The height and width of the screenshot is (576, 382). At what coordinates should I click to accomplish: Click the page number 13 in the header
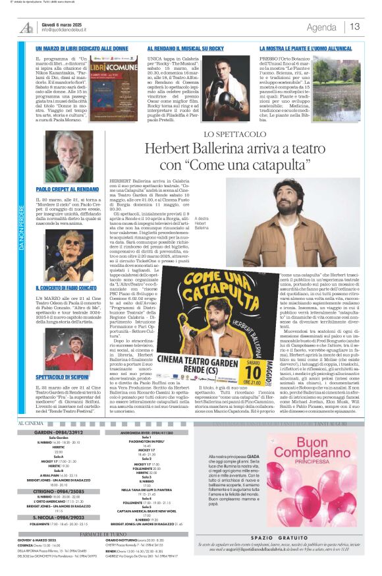click(x=355, y=27)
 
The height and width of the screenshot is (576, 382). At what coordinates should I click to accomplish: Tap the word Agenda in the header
click(x=321, y=27)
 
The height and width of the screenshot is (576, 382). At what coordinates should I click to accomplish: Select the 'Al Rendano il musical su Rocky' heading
click(x=185, y=49)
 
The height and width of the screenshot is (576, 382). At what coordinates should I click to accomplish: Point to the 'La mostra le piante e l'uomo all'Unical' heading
click(x=306, y=49)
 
